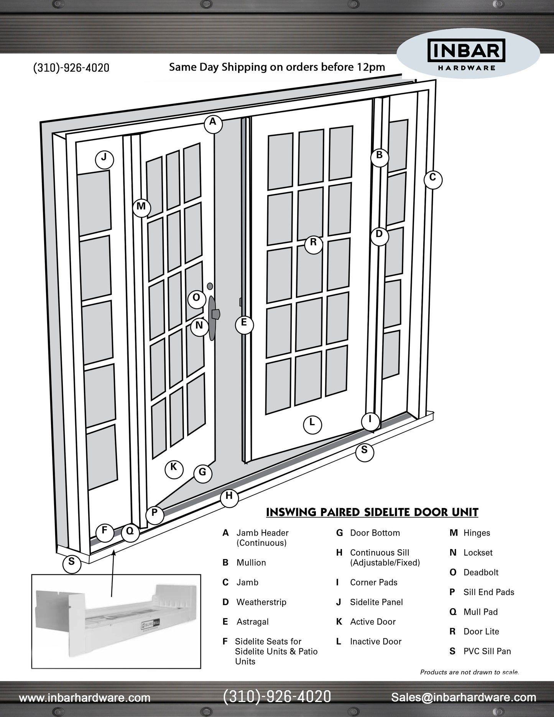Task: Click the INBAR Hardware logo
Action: [x=467, y=54]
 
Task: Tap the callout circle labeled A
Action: [x=213, y=123]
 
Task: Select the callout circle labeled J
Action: [x=104, y=160]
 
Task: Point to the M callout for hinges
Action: [x=141, y=208]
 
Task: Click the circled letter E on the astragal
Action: [x=244, y=325]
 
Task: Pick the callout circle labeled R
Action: [x=314, y=244]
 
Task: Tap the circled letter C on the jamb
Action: [x=433, y=179]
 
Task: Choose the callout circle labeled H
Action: [x=229, y=498]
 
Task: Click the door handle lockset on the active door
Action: [x=213, y=317]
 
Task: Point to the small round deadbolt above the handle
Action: [x=210, y=286]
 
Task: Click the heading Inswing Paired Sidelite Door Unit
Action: [x=372, y=512]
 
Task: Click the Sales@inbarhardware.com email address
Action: [x=463, y=697]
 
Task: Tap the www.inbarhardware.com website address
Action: [x=85, y=698]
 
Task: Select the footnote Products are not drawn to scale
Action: [x=469, y=672]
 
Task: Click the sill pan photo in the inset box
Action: [x=116, y=621]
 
